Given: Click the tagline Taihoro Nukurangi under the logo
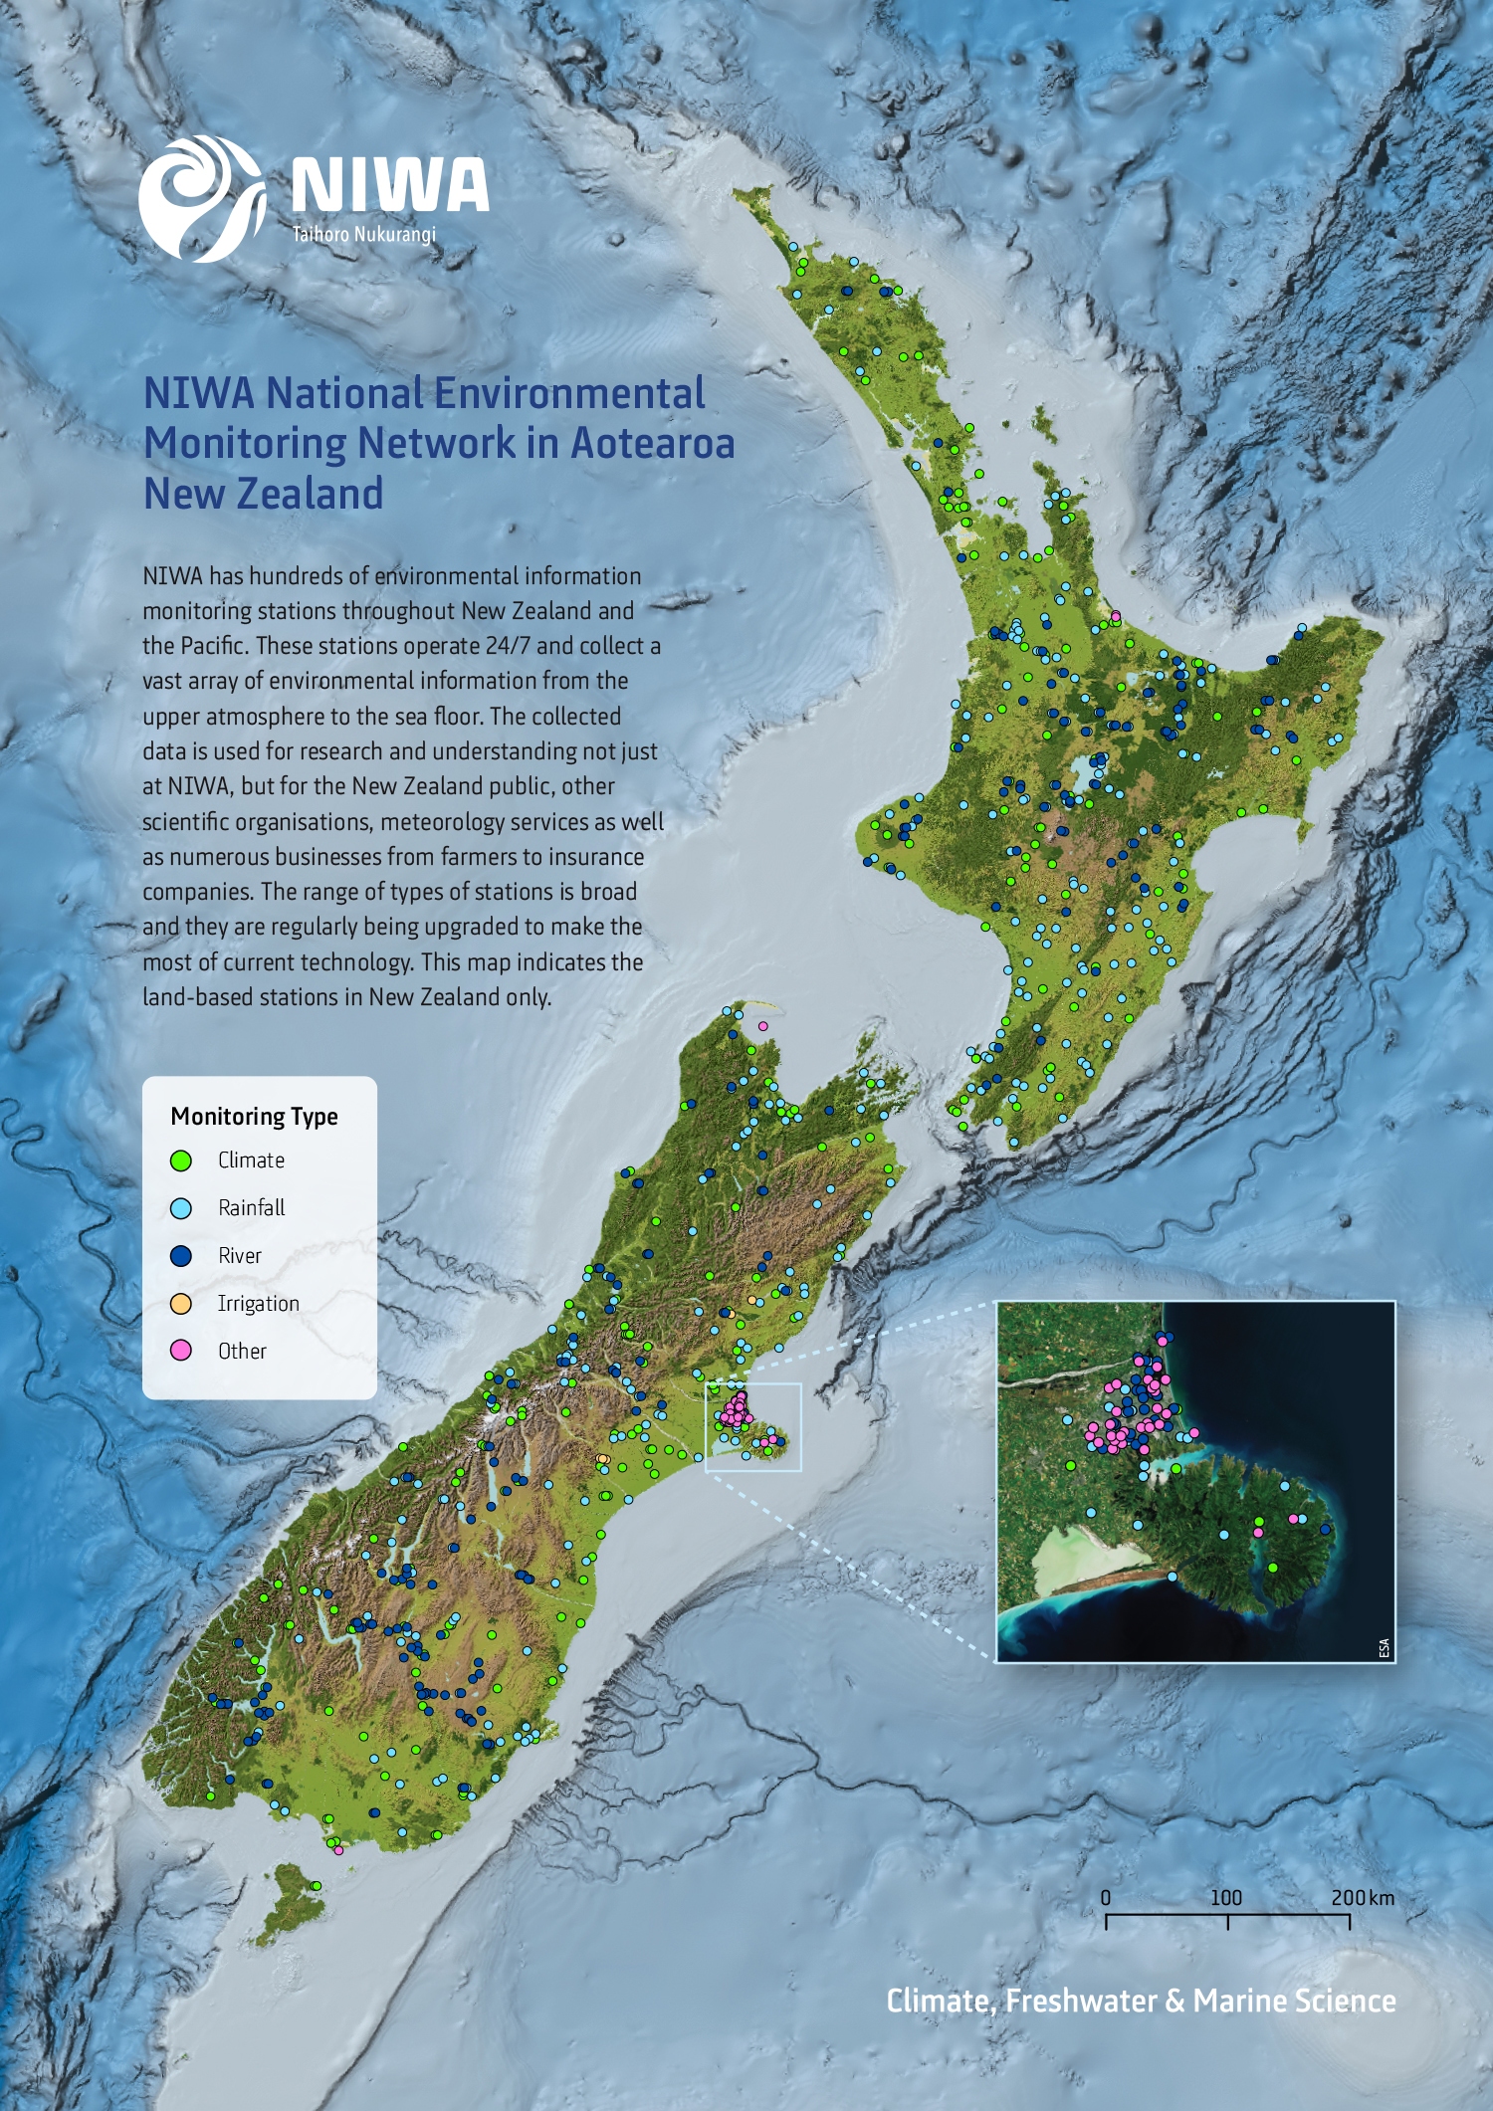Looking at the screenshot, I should tap(363, 235).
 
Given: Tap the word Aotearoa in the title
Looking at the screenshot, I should tap(652, 443).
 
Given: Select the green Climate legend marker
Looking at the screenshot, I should tap(181, 1161).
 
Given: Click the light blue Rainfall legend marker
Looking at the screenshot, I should tap(181, 1208).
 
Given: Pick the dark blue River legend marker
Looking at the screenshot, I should tap(181, 1256).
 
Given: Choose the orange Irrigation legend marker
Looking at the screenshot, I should tap(181, 1304).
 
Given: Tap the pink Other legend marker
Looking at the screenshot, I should tap(181, 1351).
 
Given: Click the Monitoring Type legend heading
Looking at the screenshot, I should tap(254, 1116).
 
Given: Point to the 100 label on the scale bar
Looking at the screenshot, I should tap(1226, 1897).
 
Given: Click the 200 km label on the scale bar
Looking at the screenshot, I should tap(1362, 1897).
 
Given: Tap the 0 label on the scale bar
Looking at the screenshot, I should tap(1106, 1897).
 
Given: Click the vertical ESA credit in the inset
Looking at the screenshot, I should tap(1384, 1647).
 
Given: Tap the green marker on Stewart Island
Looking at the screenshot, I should tap(317, 1886).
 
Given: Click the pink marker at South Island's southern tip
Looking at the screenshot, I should tap(339, 1850).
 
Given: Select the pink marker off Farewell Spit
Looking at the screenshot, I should tap(763, 1025).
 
